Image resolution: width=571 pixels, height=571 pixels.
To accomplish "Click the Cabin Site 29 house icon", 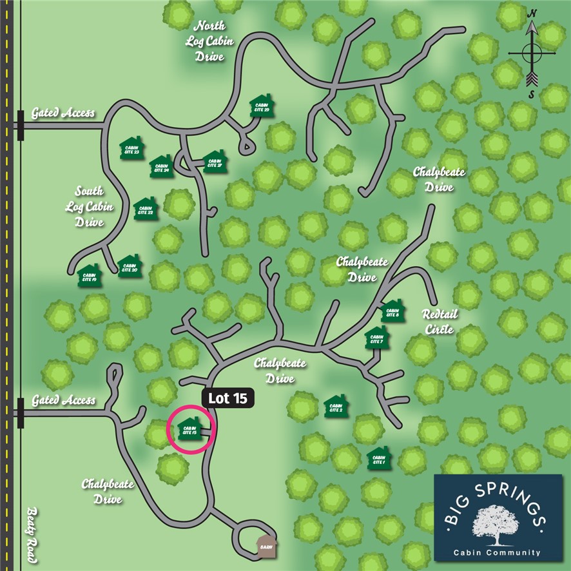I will point(262,108).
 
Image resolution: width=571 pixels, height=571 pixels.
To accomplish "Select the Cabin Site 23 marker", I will point(131,148).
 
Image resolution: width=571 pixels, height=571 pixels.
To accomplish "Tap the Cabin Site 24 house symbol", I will point(161,167).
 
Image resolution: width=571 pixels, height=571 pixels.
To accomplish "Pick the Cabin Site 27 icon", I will point(215,161).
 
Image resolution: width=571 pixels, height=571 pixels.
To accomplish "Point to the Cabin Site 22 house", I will point(146,209).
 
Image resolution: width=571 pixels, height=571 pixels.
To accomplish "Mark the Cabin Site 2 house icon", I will point(336,407).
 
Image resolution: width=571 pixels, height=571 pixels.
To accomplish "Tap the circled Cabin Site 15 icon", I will point(189,429).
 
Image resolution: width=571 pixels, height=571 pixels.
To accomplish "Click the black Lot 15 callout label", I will point(228,398).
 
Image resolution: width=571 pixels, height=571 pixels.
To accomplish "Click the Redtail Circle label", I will point(438,322).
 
